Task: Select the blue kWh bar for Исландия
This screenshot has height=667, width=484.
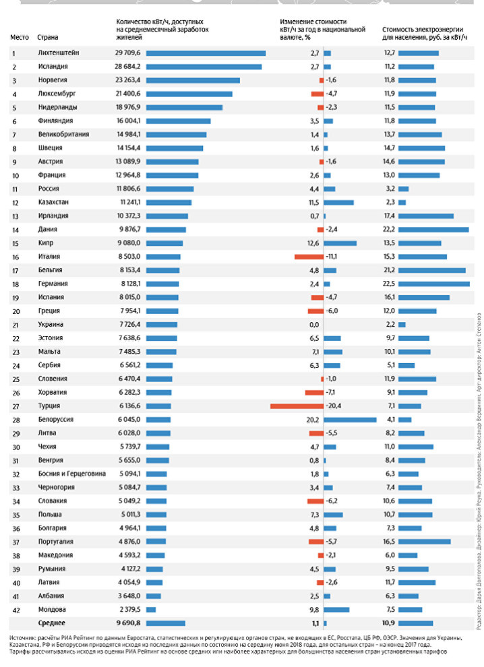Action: pos(204,67)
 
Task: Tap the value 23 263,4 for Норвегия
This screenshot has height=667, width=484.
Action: pos(128,80)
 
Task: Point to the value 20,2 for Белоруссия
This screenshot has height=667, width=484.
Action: pos(313,420)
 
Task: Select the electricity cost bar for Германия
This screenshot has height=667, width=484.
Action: pos(433,284)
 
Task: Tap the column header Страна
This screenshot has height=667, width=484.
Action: pos(47,37)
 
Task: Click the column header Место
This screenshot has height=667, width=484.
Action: pos(20,37)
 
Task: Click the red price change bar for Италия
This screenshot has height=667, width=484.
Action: pos(309,257)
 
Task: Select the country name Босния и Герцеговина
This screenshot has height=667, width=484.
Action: pos(72,474)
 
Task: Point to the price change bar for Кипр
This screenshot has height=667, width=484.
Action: pos(340,243)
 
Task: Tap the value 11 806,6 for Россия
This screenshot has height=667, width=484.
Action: pos(128,189)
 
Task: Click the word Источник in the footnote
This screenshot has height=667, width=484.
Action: pos(24,637)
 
